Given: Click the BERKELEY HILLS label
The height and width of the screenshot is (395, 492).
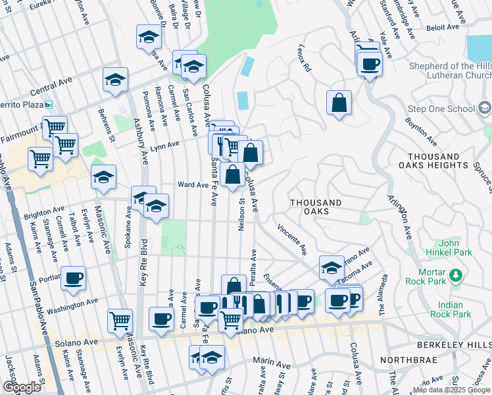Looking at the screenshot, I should [x=454, y=344].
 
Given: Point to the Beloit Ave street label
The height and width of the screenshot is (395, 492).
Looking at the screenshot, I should [x=443, y=28].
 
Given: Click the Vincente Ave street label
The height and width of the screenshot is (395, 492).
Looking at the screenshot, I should [x=292, y=240].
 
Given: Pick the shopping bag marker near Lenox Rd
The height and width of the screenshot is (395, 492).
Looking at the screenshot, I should [x=339, y=103].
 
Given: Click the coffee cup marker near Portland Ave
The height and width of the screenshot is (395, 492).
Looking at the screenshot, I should [x=73, y=278].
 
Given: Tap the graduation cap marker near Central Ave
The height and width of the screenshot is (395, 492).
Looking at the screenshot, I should [x=115, y=81].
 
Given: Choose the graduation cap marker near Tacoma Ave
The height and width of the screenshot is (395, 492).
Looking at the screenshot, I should [x=332, y=267].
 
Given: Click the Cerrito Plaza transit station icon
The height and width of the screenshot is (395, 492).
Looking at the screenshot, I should [x=48, y=105].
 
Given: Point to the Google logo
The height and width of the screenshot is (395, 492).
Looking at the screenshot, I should [x=22, y=387].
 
